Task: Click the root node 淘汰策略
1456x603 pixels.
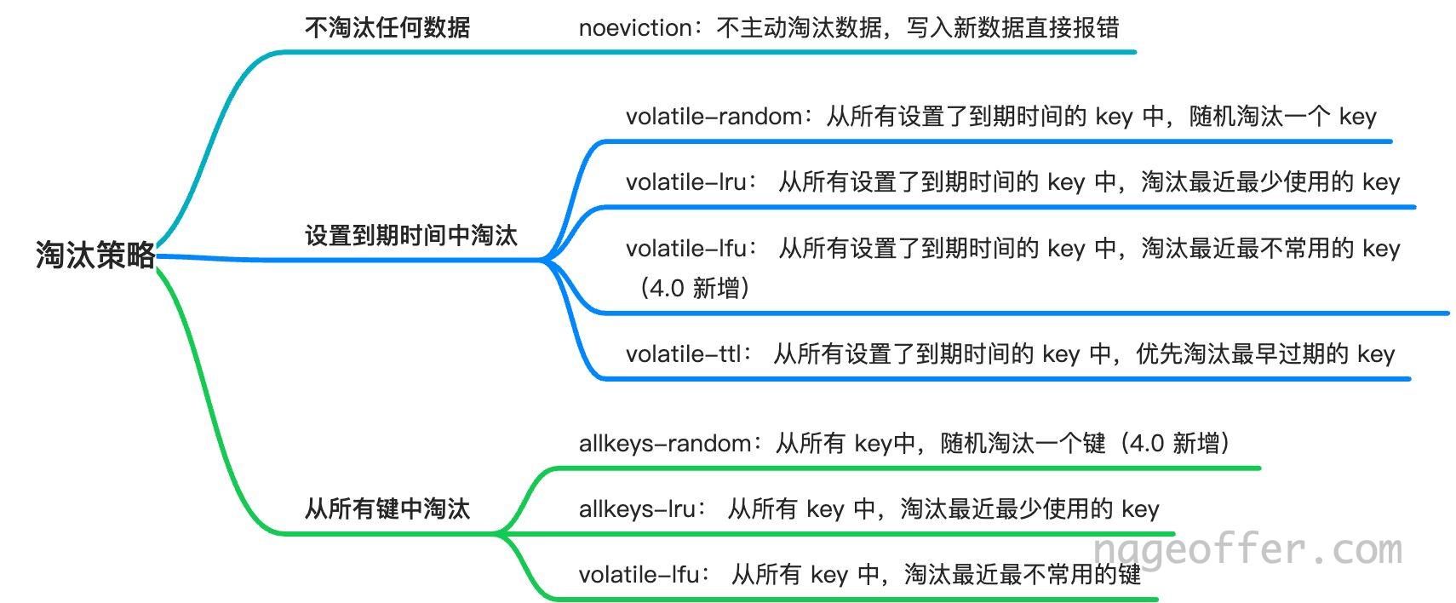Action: click(x=95, y=255)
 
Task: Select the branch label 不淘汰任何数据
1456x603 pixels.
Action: click(x=387, y=28)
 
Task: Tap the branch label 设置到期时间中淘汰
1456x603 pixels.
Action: click(x=410, y=235)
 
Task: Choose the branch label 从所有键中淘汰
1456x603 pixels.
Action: click(x=387, y=508)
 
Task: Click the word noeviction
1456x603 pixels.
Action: click(x=635, y=28)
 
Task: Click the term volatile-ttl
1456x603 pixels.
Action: click(x=684, y=353)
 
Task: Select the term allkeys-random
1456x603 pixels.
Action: click(x=665, y=444)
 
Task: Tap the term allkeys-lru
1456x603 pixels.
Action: click(x=638, y=508)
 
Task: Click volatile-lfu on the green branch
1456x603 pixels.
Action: click(x=639, y=574)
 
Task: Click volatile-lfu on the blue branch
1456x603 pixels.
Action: click(x=686, y=249)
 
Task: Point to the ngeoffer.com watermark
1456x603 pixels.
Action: click(x=1247, y=549)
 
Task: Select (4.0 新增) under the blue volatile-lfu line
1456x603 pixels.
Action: click(x=695, y=288)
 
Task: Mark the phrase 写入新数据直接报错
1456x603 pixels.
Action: click(x=1012, y=28)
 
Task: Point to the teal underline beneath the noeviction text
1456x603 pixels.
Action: click(x=708, y=51)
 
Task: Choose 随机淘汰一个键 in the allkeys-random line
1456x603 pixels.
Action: click(x=1023, y=444)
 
